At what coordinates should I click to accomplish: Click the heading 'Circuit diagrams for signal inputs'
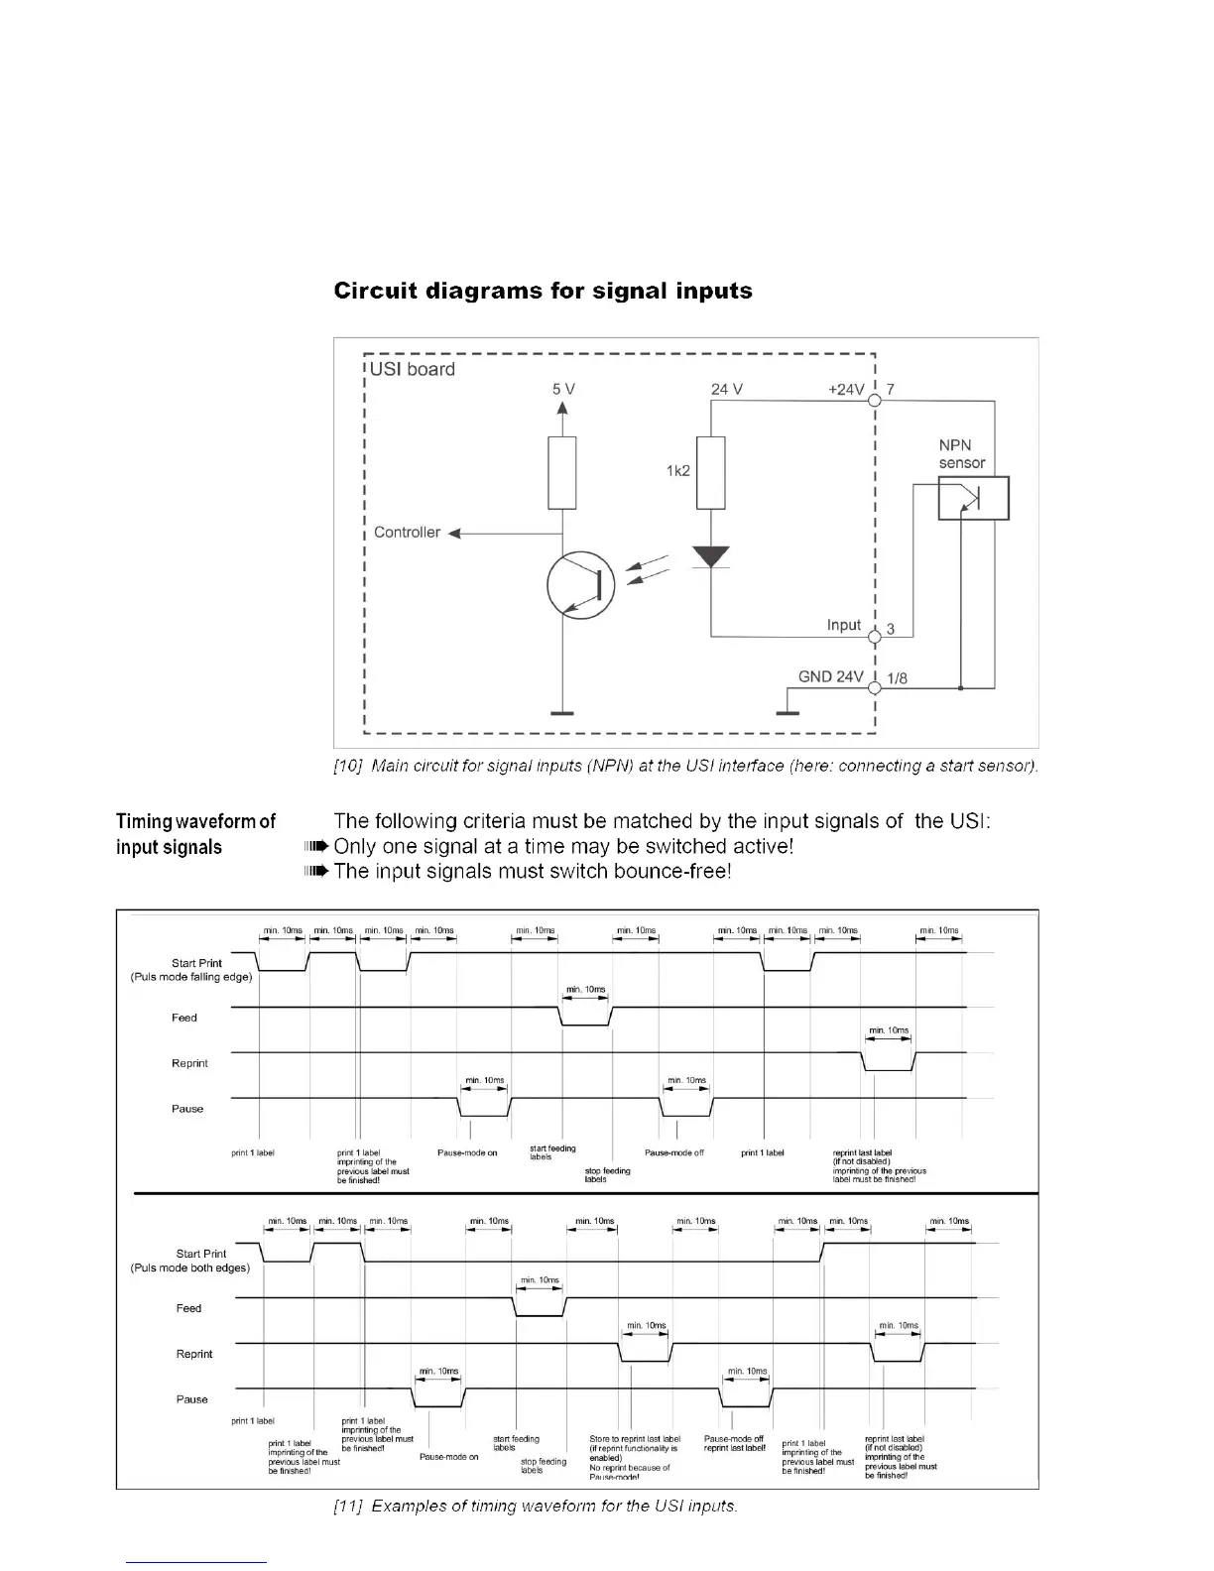pyautogui.click(x=543, y=292)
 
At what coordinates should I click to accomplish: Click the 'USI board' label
pyautogui.click(x=413, y=369)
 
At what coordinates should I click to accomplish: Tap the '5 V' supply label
pyautogui.click(x=563, y=389)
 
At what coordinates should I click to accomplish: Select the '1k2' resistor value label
pyautogui.click(x=678, y=471)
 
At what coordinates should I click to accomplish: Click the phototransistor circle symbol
pyautogui.click(x=581, y=585)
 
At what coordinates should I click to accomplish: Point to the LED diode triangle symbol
pyautogui.click(x=711, y=556)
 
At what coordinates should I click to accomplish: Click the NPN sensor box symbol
pyautogui.click(x=973, y=498)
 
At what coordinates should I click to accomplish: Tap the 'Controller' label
pyautogui.click(x=407, y=533)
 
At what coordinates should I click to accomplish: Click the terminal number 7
pyautogui.click(x=891, y=389)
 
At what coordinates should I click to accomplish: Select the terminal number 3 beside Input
pyautogui.click(x=891, y=629)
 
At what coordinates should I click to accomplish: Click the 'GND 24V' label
pyautogui.click(x=830, y=676)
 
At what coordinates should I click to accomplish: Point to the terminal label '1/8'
pyautogui.click(x=896, y=679)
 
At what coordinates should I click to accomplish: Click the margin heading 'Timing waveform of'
pyautogui.click(x=196, y=821)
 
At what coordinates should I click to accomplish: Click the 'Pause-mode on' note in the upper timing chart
pyautogui.click(x=467, y=1152)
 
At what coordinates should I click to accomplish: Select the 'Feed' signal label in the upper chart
pyautogui.click(x=184, y=1018)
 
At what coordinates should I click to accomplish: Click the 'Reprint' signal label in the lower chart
pyautogui.click(x=194, y=1354)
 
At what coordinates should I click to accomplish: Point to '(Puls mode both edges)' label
pyautogui.click(x=190, y=1268)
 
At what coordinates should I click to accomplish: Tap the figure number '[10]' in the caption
pyautogui.click(x=347, y=766)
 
